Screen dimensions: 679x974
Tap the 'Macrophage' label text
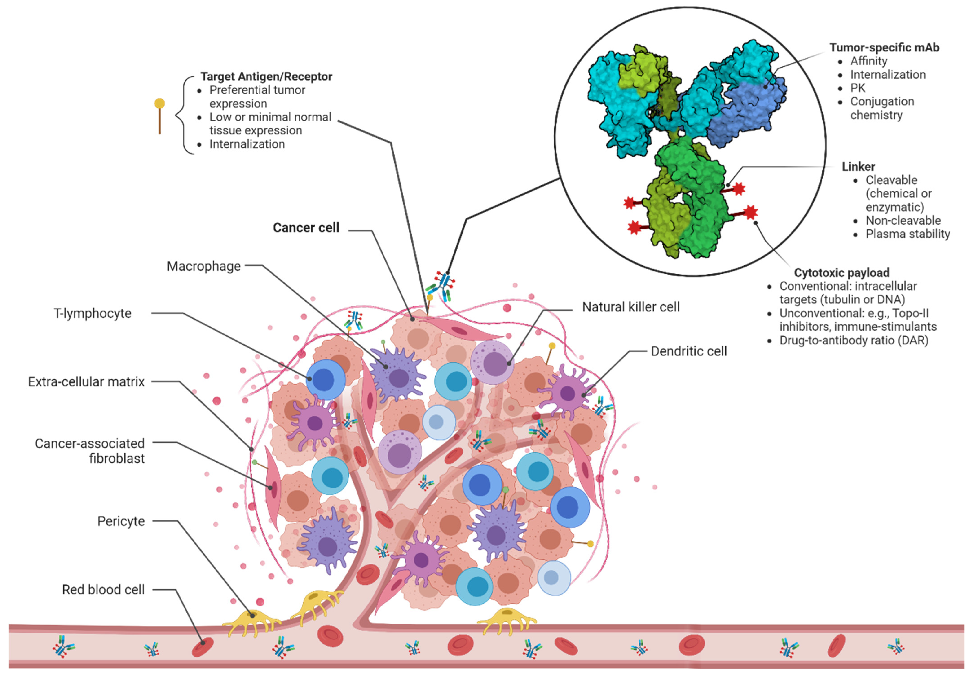(x=204, y=266)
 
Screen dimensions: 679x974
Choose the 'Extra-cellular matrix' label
(x=86, y=382)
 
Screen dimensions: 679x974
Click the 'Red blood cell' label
(x=103, y=589)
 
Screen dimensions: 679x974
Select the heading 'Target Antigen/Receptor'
(x=266, y=77)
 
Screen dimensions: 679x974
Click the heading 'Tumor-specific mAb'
(x=884, y=48)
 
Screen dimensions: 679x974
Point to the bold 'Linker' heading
(x=858, y=167)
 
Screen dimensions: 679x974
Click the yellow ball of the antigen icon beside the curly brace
(x=159, y=104)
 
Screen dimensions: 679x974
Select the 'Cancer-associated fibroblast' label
(x=90, y=451)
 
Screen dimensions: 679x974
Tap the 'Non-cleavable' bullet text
(x=903, y=220)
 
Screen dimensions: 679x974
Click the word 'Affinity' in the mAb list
(x=868, y=61)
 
